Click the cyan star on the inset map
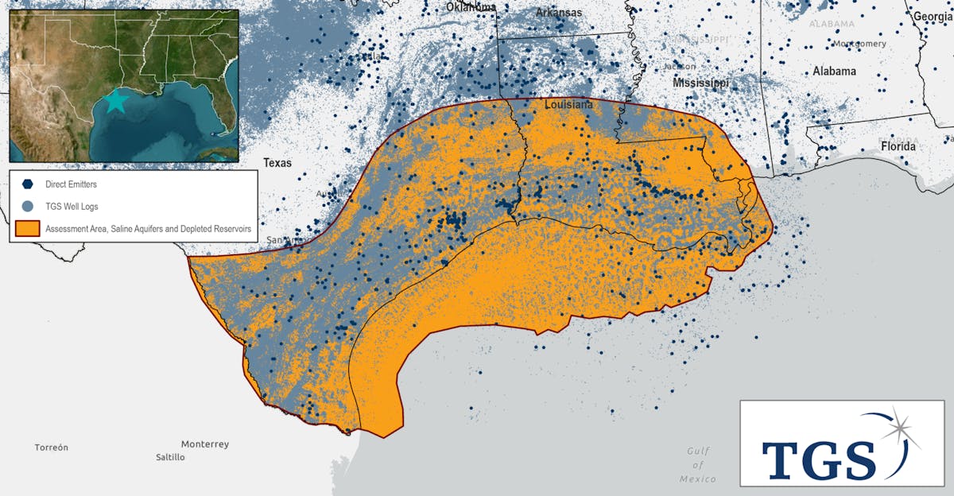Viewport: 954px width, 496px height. click(116, 101)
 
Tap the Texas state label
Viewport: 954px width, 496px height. click(277, 163)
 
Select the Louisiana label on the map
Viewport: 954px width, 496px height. click(568, 105)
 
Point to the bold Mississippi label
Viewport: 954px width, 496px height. click(700, 83)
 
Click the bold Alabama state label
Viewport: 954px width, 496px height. click(834, 72)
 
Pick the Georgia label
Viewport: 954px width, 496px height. click(933, 16)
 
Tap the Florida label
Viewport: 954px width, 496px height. click(898, 147)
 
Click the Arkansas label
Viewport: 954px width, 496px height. click(558, 13)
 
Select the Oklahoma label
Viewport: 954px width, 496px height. click(471, 7)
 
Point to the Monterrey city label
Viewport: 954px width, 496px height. click(204, 444)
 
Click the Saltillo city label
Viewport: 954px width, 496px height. click(170, 457)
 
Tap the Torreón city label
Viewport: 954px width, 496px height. click(51, 448)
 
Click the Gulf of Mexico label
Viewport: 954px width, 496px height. click(698, 465)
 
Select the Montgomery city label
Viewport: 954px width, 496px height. click(859, 44)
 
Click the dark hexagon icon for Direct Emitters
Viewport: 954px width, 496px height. click(28, 184)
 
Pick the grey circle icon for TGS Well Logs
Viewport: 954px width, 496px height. click(28, 207)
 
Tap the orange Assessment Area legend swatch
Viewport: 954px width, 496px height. click(28, 229)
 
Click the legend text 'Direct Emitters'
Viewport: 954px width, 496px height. click(72, 184)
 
